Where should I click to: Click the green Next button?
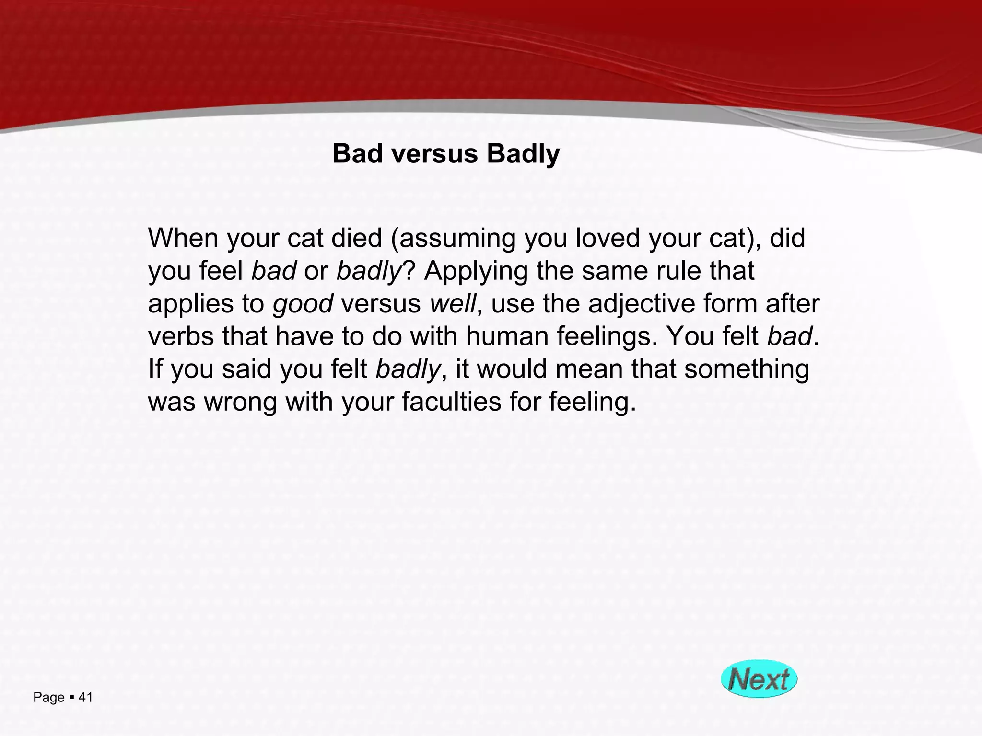759,679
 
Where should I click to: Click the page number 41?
85,697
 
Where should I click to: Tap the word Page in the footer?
48,698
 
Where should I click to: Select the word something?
747,369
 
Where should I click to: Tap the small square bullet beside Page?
71,697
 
